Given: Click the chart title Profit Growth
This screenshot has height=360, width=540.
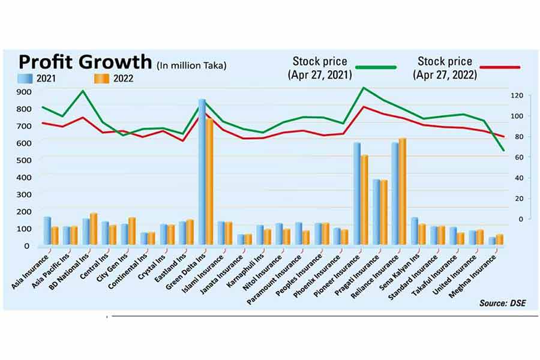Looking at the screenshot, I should [85, 62].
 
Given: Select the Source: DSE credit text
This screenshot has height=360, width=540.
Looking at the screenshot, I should [502, 303].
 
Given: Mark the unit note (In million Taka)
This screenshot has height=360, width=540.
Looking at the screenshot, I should [192, 65].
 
